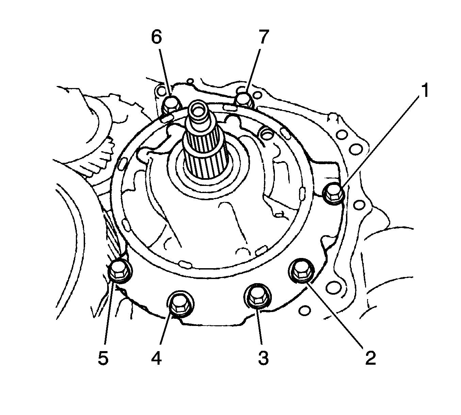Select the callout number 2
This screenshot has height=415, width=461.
coord(371,358)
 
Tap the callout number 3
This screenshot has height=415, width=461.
coord(263,358)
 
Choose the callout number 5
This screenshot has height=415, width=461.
coord(103,358)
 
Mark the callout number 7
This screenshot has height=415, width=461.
coord(263,38)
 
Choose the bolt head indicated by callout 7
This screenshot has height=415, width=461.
coord(243,99)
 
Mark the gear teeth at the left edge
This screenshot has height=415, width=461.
coord(99,160)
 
